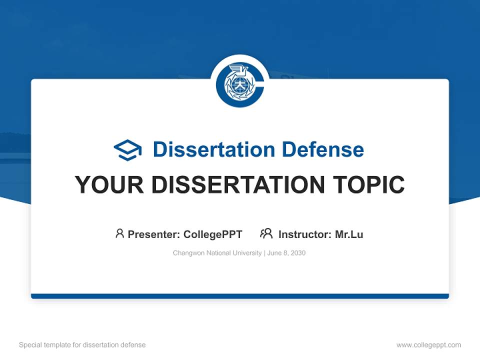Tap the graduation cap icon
tap(127, 150)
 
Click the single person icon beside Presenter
tap(119, 233)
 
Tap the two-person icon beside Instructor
tap(266, 233)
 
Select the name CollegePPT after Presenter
tap(212, 234)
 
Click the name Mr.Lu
tap(349, 234)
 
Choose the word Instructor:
tap(305, 234)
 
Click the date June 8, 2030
tap(286, 253)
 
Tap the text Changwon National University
tap(217, 253)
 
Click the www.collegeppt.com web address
tap(428, 345)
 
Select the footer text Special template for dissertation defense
tap(82, 345)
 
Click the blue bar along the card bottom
tap(240, 296)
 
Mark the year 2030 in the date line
tap(298, 253)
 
